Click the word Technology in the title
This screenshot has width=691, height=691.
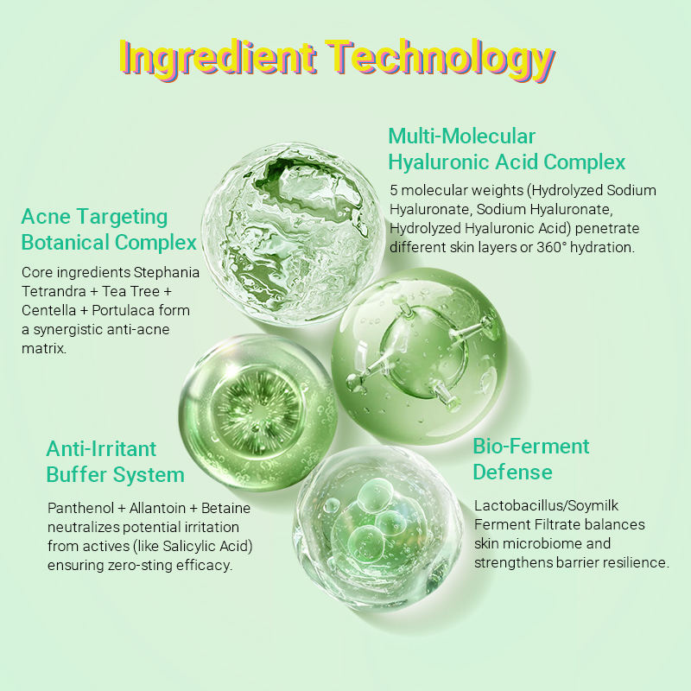pos(440,60)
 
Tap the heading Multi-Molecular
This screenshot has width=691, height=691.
pos(461,136)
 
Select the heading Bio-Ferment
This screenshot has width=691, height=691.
pos(530,447)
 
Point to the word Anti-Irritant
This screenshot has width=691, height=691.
pos(101,449)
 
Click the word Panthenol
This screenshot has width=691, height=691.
pos(80,508)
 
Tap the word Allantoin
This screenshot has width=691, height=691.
pos(157,508)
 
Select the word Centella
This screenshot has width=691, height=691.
pos(48,310)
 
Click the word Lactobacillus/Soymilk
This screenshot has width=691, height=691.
pos(546,505)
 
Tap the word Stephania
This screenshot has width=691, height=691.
pos(166,272)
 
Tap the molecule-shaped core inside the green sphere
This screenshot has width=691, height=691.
pos(423,352)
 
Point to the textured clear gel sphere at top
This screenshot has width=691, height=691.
pos(293,233)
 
